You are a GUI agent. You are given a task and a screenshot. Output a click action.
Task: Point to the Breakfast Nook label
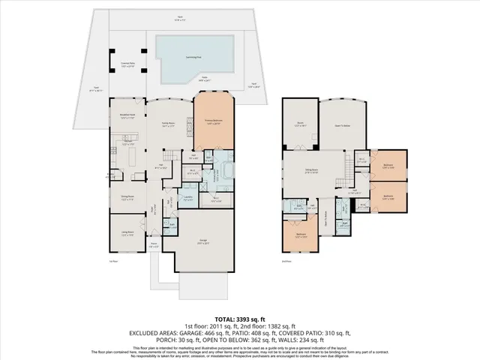point(127,115)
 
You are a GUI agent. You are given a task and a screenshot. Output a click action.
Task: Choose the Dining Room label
point(127,199)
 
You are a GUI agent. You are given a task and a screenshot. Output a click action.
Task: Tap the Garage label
point(202,241)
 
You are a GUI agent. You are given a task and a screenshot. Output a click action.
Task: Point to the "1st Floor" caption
point(115,261)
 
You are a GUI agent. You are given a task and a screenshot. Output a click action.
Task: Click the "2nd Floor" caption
point(286,261)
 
